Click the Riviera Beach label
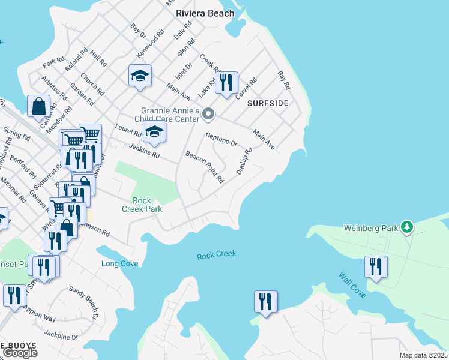point(205,13)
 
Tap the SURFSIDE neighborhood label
point(267,103)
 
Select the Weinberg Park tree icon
point(408,227)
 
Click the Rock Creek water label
point(216,255)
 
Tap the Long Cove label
point(120,263)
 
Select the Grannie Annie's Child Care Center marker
point(208,113)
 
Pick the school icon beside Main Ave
point(140,76)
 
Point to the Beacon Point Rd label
point(205,167)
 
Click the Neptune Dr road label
point(221,139)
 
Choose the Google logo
point(20,353)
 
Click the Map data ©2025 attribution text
point(423,355)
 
